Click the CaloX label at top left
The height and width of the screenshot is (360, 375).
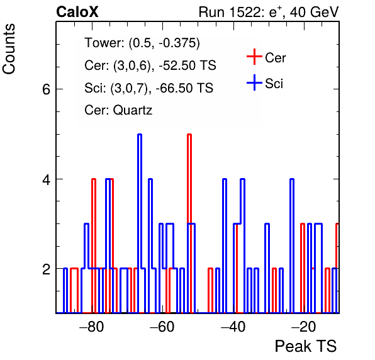(77, 12)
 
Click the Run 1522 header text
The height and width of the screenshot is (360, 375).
(269, 12)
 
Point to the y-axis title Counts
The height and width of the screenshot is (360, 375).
(9, 49)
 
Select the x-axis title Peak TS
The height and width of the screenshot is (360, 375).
(306, 346)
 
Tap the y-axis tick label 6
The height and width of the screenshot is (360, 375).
(46, 89)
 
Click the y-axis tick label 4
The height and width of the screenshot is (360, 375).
(46, 179)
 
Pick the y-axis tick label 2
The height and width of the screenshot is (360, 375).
(46, 269)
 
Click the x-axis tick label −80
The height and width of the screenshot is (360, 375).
(92, 327)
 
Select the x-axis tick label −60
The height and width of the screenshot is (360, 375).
(162, 327)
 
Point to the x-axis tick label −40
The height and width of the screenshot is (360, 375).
(233, 327)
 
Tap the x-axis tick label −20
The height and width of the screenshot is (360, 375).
(304, 327)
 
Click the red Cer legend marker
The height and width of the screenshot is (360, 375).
(254, 57)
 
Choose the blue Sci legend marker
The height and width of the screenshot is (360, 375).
(254, 82)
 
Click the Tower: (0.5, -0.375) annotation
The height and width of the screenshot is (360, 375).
(142, 43)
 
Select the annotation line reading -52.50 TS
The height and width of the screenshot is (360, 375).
(150, 65)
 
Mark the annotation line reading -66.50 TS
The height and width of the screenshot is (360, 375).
(148, 87)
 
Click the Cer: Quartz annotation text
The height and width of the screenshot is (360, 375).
(118, 110)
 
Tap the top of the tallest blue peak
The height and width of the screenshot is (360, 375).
(140, 135)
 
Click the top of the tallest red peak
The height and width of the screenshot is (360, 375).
(189, 135)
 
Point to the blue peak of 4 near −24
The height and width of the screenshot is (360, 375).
(292, 179)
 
